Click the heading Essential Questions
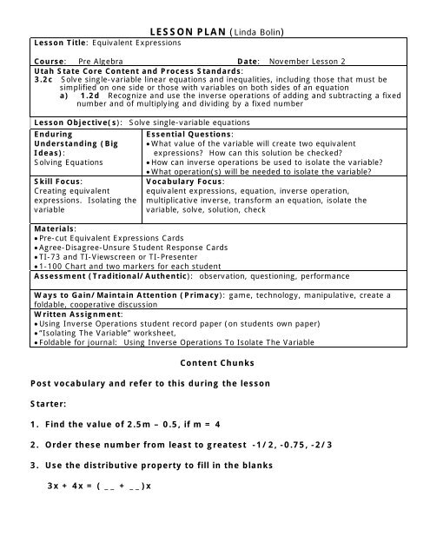pyautogui.click(x=189, y=136)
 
